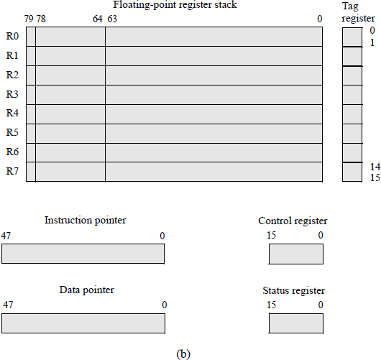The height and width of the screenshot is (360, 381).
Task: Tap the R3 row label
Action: pos(12,94)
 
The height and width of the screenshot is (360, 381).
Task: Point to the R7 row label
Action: pos(12,171)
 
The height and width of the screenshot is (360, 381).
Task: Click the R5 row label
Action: pos(12,133)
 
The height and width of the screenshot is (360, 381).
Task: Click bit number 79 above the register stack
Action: pos(29,19)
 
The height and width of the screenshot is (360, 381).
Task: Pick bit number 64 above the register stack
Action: pos(98,19)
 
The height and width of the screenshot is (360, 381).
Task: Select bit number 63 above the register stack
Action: pos(112,19)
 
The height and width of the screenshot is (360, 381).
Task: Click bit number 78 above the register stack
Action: pos(41,19)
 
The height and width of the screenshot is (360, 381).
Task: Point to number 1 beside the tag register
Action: pos(372,43)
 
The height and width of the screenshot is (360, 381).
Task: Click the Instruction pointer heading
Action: pos(85,221)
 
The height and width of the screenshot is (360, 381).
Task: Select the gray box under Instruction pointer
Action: pos(83,254)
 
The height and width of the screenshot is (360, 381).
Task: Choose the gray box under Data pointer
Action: pos(83,323)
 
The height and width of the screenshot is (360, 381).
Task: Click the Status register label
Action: pos(294,291)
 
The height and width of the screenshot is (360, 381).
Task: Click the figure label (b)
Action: pos(183,353)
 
